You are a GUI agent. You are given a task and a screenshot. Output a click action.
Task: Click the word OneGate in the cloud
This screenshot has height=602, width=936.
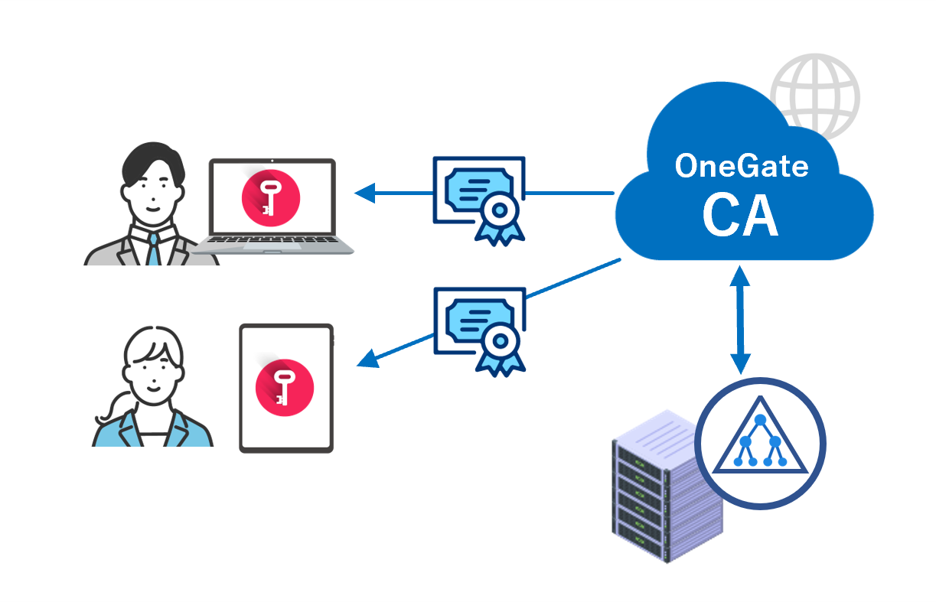[x=741, y=166]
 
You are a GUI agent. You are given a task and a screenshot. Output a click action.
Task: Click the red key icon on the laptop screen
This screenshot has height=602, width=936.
[x=271, y=197]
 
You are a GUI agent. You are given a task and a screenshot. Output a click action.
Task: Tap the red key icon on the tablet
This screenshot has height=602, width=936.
[x=285, y=389]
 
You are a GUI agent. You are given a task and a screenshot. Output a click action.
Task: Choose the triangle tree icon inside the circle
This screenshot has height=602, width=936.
[x=760, y=442]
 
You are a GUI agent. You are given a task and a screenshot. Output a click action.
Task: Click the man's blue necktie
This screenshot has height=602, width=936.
[x=154, y=249]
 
